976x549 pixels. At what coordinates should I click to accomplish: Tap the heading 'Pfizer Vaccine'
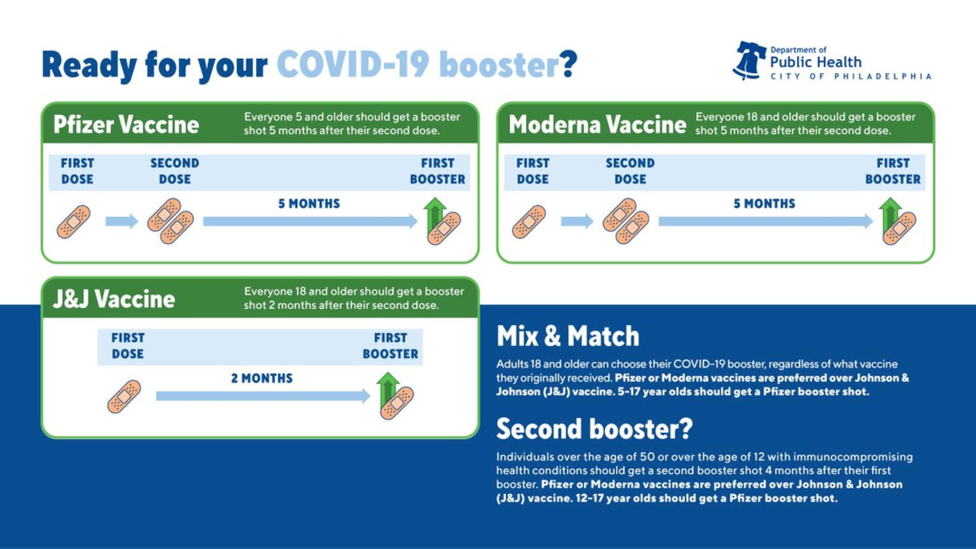click(126, 125)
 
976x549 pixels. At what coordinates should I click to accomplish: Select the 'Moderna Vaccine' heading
click(597, 125)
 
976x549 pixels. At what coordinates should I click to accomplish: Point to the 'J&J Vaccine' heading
click(114, 299)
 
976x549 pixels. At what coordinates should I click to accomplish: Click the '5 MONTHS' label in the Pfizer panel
click(309, 204)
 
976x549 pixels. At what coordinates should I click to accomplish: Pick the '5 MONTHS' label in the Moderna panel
click(764, 204)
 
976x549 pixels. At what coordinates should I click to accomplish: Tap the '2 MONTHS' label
click(262, 378)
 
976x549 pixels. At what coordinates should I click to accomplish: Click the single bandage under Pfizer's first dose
click(73, 222)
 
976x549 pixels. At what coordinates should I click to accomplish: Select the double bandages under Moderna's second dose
click(626, 221)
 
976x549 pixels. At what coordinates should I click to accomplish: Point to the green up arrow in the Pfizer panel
click(435, 213)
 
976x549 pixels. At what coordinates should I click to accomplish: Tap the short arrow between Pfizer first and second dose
click(122, 221)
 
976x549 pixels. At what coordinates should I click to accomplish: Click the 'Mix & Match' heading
click(568, 336)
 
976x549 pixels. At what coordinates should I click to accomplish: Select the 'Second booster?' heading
click(594, 429)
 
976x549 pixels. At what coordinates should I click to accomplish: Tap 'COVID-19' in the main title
click(353, 64)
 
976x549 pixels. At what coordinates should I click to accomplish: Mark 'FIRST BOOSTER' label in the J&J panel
click(390, 346)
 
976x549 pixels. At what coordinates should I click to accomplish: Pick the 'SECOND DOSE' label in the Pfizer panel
click(175, 171)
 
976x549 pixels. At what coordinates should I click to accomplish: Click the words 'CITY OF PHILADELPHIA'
click(851, 76)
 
